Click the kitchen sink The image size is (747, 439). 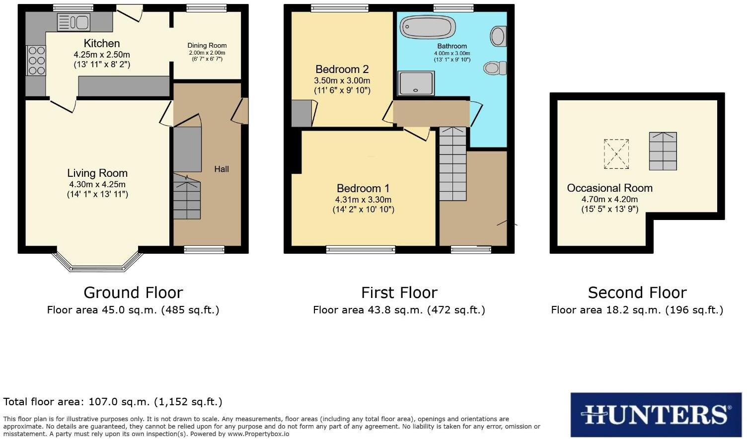[73, 22]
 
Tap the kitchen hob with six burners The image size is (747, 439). [36, 60]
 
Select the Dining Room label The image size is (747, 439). [207, 46]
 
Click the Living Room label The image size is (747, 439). [97, 173]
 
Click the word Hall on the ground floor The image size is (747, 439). [222, 169]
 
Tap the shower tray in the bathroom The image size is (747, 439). [416, 83]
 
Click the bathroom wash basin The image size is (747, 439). [498, 36]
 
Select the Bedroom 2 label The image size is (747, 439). [342, 70]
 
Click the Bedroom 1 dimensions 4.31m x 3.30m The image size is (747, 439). [363, 200]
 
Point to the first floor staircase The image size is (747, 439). [452, 164]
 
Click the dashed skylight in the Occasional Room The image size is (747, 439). [616, 154]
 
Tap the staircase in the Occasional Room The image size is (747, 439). [663, 151]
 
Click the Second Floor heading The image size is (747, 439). [637, 293]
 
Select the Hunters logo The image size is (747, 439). [655, 415]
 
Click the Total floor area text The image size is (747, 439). [113, 402]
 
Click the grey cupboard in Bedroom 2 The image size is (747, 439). [301, 113]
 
